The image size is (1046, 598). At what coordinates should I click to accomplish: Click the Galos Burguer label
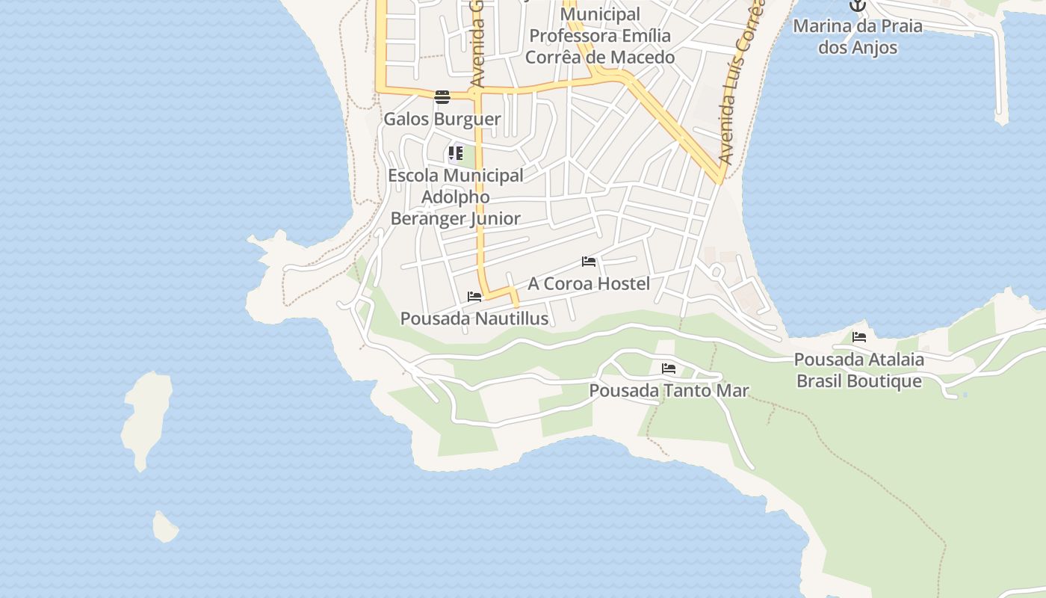pos(442,119)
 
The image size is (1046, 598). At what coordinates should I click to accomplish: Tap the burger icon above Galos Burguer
pos(442,96)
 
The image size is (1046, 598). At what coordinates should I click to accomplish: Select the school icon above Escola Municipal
pos(456,154)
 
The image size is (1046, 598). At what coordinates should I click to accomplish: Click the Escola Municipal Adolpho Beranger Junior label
pos(456,197)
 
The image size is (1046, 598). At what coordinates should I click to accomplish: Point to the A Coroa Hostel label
pos(589,284)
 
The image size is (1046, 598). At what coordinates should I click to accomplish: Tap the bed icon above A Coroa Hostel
pos(589,262)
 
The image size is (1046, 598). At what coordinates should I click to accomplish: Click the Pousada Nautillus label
pos(474,319)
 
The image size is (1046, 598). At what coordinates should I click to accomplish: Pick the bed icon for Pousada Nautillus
pos(474,297)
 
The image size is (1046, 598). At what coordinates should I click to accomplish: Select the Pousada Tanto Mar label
pos(669,391)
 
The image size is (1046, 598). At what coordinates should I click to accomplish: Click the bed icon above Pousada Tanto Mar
pos(669,369)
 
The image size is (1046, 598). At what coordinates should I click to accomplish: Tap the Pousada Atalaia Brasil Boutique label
pos(859,371)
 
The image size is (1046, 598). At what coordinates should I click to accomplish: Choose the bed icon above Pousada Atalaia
pos(859,337)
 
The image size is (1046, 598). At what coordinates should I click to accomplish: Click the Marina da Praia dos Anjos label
pos(858,37)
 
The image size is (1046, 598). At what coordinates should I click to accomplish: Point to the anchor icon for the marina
pos(858,6)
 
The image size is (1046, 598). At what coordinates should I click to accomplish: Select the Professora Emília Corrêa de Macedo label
pos(600,36)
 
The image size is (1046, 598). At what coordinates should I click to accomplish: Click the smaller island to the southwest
pos(165,527)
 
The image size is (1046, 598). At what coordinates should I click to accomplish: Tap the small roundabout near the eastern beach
pos(717,271)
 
